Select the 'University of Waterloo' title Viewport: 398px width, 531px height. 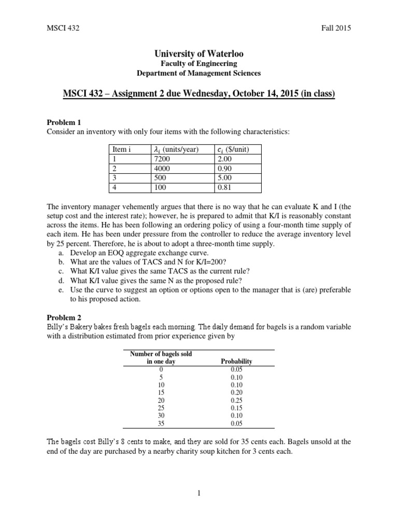(199, 54)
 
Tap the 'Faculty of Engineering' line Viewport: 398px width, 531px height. (199, 64)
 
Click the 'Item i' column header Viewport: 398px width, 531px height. (122, 149)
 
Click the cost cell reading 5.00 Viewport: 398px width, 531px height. (225, 178)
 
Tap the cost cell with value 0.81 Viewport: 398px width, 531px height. (225, 188)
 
